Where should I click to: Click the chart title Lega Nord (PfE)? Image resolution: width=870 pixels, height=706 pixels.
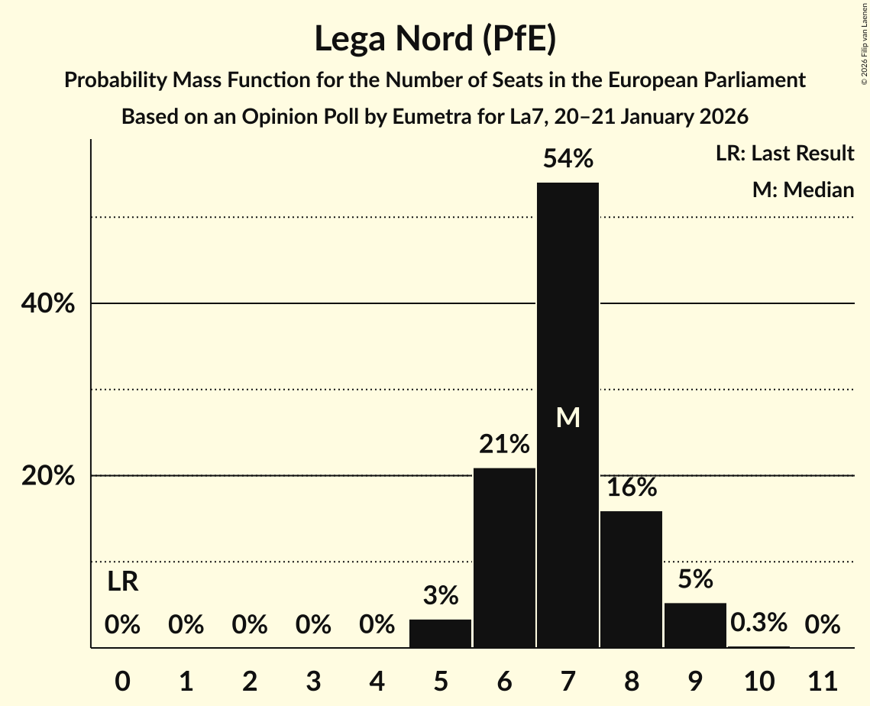pos(435,38)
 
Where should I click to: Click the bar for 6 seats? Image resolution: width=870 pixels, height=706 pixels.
pos(504,558)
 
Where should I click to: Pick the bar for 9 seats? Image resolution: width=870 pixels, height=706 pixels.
pos(695,625)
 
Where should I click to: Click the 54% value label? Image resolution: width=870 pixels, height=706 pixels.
pos(568,159)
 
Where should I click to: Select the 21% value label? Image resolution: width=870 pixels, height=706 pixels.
pos(504,444)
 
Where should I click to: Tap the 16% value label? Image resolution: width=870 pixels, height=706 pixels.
pos(631,487)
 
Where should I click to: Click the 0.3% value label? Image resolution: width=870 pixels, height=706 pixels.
pos(758,623)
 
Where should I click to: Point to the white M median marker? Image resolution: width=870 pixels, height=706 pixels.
pos(568,417)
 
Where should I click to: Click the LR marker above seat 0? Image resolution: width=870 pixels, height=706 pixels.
pos(122,582)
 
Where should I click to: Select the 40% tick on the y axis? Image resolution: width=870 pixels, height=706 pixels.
pos(47,304)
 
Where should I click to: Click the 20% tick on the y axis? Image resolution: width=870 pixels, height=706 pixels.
pos(47,476)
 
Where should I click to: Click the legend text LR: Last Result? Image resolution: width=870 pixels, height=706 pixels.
pos(784,154)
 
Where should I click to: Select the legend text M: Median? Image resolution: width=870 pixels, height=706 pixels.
pos(803,189)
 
